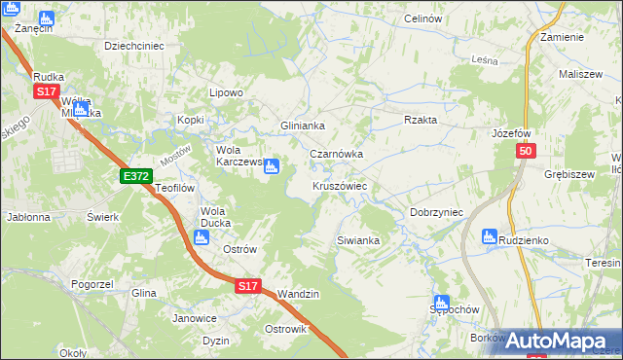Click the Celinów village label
pos(422,18)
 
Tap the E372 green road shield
pos(135,175)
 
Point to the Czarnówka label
pos(336,154)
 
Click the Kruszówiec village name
pos(339,185)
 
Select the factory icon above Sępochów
pos(441,303)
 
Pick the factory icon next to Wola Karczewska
pos(272,166)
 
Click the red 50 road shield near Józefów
pos(526,152)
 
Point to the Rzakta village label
pos(421,120)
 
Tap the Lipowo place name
pos(226,92)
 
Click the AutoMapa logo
pos(559,341)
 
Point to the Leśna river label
pos(484,60)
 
